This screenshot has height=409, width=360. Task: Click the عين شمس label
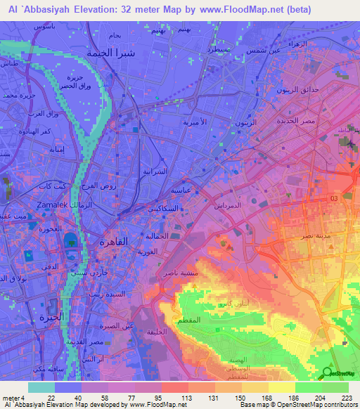[264, 50]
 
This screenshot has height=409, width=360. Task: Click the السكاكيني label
[181, 209]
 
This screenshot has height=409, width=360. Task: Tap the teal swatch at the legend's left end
[41, 387]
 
